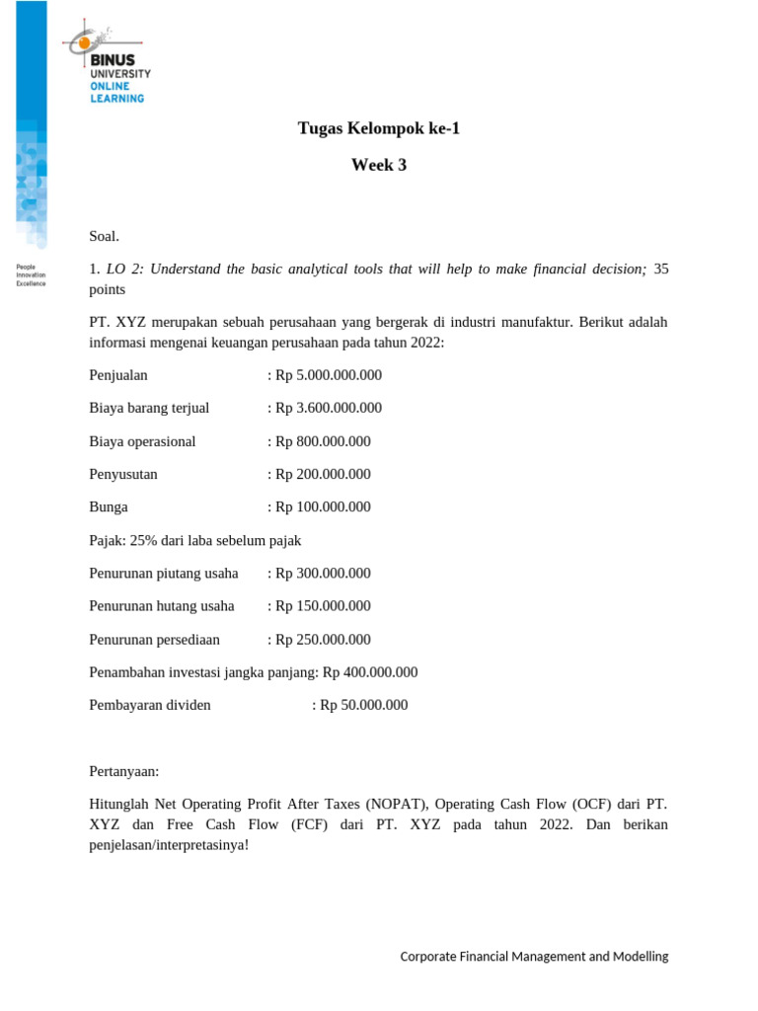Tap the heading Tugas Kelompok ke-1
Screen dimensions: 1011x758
(x=379, y=128)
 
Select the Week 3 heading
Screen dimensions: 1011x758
(x=379, y=166)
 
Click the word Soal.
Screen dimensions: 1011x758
(x=104, y=235)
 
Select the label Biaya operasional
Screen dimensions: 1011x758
(x=142, y=441)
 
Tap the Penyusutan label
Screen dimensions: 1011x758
(x=123, y=474)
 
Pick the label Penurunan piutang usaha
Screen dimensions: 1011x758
(x=164, y=573)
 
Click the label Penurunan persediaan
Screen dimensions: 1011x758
(x=154, y=639)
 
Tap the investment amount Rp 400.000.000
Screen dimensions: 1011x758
(x=370, y=672)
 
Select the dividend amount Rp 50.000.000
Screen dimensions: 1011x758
(x=364, y=705)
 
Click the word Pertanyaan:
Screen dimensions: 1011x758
(x=124, y=771)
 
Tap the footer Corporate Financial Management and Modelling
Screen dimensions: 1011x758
(x=534, y=956)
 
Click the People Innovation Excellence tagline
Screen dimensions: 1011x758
(x=32, y=274)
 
